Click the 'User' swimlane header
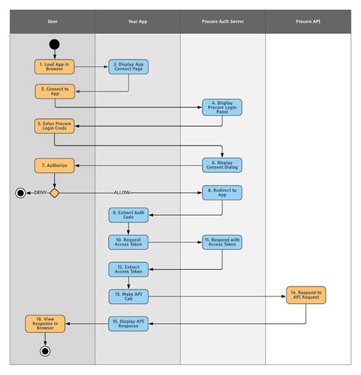click(x=53, y=22)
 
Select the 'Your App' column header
click(x=138, y=22)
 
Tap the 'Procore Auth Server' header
click(x=222, y=22)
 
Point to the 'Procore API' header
click(x=308, y=22)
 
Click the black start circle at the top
click(x=54, y=44)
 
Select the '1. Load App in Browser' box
click(x=54, y=67)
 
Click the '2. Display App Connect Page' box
click(x=128, y=67)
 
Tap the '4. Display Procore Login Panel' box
click(x=222, y=107)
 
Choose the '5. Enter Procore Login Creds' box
click(x=54, y=126)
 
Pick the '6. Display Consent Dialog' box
click(x=222, y=165)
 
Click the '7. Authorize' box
click(x=54, y=165)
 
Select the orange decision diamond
click(x=54, y=193)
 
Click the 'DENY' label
click(x=39, y=193)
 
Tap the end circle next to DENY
click(x=21, y=193)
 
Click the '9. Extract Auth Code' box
click(x=128, y=215)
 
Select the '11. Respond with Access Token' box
click(x=222, y=242)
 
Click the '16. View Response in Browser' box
click(x=45, y=324)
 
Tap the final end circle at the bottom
click(x=45, y=351)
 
